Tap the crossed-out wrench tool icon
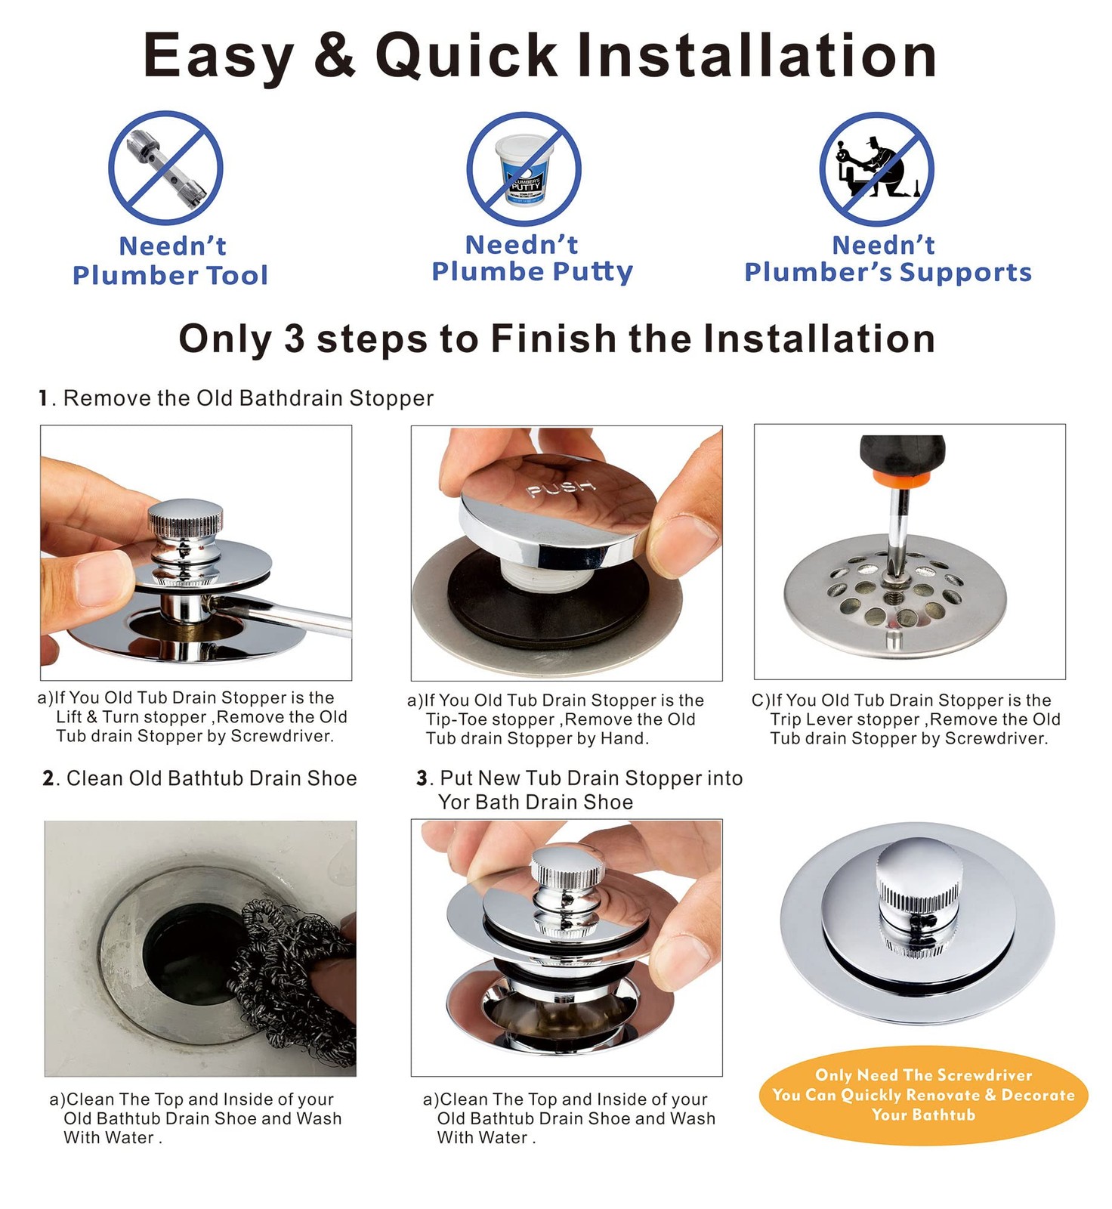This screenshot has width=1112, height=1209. tap(165, 168)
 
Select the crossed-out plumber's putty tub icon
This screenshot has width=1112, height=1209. tap(524, 169)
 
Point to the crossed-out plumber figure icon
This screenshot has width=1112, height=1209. tap(876, 169)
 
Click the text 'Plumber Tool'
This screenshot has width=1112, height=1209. tap(170, 275)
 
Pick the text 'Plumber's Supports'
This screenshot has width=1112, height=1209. tap(888, 272)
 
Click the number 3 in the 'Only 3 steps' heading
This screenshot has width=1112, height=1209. tap(294, 339)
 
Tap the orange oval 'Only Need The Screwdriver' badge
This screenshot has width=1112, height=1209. tap(923, 1095)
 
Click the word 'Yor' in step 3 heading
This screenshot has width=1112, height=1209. tap(454, 802)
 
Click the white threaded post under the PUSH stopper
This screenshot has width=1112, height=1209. tap(550, 577)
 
